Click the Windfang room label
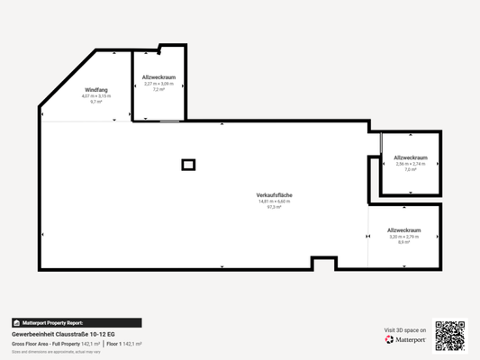click(95, 90)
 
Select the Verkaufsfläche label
click(274, 195)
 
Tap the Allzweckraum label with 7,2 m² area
click(158, 77)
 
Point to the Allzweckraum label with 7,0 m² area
click(411, 157)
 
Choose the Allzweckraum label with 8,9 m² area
click(404, 230)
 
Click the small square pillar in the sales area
click(188, 164)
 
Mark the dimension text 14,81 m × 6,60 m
click(274, 201)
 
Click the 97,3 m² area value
click(274, 207)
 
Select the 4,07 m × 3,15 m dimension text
click(95, 96)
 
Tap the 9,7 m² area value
click(95, 103)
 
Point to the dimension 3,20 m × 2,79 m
click(404, 237)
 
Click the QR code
click(449, 335)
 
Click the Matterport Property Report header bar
click(77, 322)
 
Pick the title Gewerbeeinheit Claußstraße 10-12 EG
click(63, 334)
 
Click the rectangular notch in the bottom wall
click(324, 263)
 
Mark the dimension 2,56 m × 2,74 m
click(411, 164)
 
